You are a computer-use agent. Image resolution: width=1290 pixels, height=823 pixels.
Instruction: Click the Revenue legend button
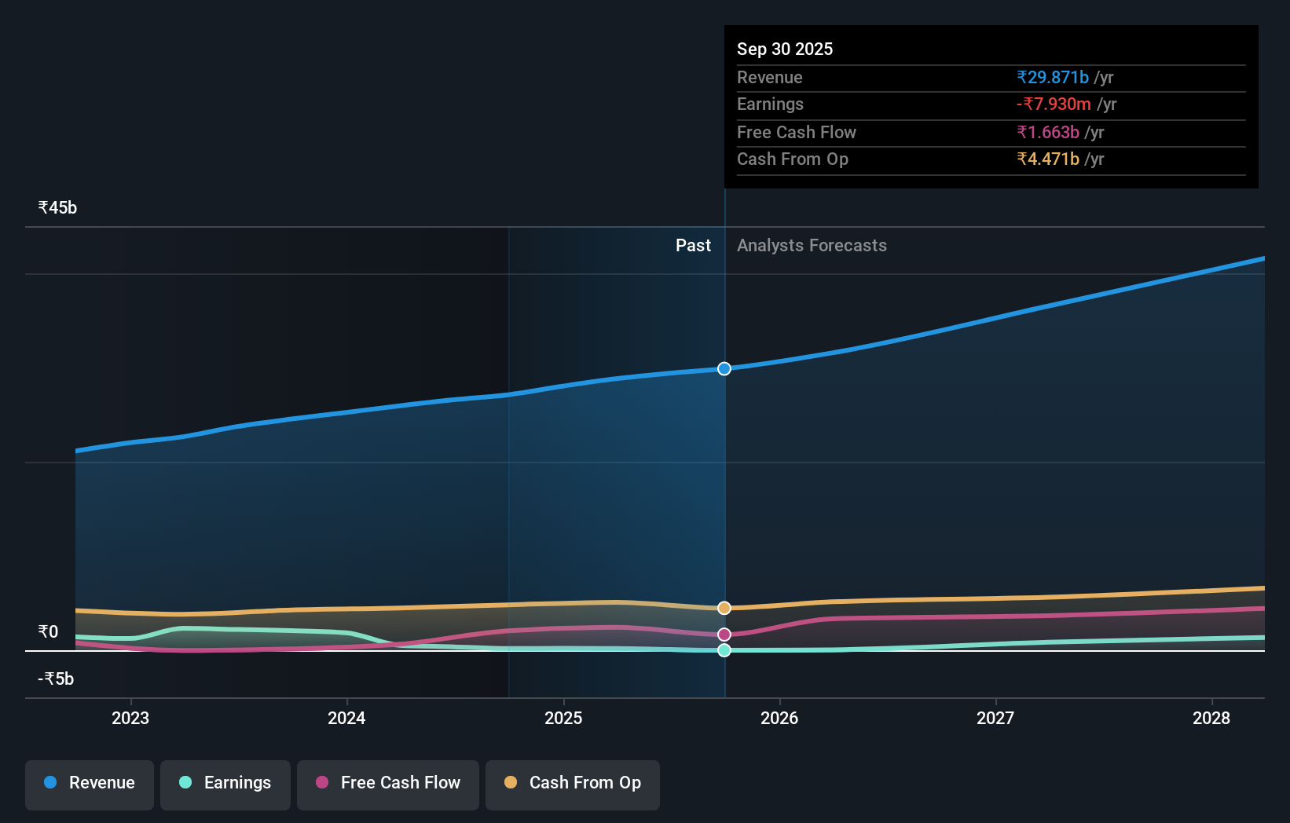coord(90,783)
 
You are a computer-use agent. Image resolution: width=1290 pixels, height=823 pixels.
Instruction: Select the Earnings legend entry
coord(225,783)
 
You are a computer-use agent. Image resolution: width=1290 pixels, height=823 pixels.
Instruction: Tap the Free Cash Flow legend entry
coord(388,783)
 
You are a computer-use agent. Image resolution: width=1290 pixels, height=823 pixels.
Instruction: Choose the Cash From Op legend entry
coord(573,783)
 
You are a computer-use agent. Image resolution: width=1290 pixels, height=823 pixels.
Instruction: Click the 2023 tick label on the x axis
coord(130,718)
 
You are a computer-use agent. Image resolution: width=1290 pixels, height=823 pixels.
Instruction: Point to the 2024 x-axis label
coord(346,718)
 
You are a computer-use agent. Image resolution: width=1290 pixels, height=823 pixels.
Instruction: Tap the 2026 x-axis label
coord(779,718)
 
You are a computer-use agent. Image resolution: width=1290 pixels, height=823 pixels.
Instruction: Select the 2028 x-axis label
coord(1211,718)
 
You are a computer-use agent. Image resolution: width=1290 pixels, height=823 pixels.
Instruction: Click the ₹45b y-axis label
coord(57,208)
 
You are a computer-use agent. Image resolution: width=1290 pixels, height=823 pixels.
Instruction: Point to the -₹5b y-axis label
coord(56,679)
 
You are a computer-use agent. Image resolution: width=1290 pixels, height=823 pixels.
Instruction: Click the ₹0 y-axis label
coord(48,632)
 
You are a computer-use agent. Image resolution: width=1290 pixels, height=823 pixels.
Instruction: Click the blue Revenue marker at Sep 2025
coord(724,369)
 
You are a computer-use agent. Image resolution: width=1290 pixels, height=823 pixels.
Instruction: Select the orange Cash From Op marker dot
coord(724,608)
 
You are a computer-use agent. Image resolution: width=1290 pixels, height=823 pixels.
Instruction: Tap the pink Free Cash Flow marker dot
coord(724,635)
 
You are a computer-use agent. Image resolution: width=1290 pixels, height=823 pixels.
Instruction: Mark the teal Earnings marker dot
coord(724,650)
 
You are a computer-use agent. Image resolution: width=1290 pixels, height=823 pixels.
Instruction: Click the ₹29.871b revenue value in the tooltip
coord(1053,78)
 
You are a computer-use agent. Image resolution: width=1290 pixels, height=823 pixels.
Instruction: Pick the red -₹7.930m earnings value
coord(1054,104)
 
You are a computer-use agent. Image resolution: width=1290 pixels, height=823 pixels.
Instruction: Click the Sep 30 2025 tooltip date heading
coord(785,49)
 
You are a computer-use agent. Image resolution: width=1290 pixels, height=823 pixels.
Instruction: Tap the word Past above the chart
coord(693,246)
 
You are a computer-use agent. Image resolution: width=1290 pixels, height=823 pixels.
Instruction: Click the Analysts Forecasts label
coord(812,246)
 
